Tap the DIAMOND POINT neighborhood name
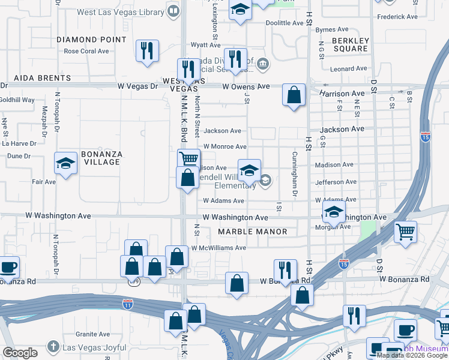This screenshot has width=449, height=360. (91, 40)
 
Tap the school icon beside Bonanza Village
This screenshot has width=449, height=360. (65, 163)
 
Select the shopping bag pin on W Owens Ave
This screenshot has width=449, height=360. (294, 95)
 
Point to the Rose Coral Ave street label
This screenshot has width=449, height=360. (86, 52)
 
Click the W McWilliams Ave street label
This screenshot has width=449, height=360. (218, 248)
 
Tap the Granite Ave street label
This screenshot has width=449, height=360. (92, 334)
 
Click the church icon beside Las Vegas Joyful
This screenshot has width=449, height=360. (53, 347)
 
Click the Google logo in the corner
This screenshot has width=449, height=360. (20, 353)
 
